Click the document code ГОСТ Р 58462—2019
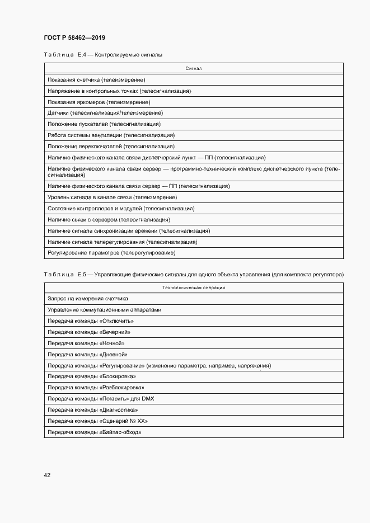click(x=74, y=37)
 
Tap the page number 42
click(x=47, y=475)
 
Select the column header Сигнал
click(x=193, y=68)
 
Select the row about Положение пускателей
click(x=104, y=124)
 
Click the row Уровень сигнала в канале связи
click(x=113, y=197)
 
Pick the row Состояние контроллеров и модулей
click(x=121, y=208)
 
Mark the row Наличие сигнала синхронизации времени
click(x=129, y=230)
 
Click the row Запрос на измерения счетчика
click(x=88, y=299)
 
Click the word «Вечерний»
click(x=115, y=332)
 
